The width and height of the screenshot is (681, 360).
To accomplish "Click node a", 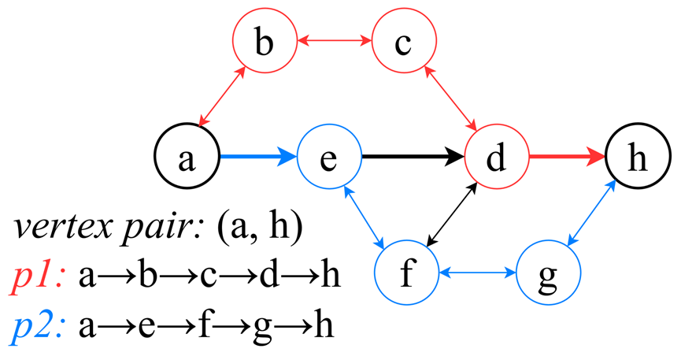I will coord(186,158).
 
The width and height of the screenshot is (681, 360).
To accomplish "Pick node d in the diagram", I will coord(496,158).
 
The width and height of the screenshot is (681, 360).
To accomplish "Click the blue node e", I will coord(329,158).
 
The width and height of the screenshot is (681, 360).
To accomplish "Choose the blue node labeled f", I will coord(406,274).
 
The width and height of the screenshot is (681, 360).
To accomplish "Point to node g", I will coord(548,274).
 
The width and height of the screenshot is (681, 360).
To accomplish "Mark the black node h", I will coord(637,158).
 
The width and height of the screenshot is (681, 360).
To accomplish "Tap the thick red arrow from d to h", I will coord(567,158).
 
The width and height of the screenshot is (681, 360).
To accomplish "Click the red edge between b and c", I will coord(335,40).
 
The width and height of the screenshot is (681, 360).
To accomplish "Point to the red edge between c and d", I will coord(451,98).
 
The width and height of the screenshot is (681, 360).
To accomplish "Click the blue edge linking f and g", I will coord(477,274).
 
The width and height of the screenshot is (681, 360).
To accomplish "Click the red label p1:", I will coord(39,277).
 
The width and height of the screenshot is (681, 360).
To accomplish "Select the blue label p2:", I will coord(39,326).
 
